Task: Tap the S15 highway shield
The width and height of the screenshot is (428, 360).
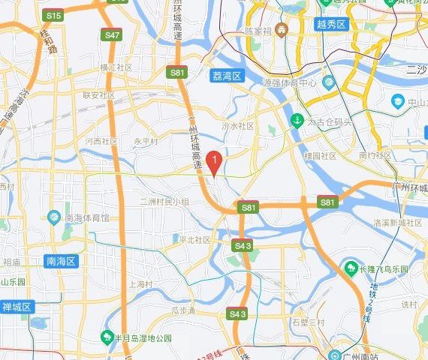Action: [x=53, y=15]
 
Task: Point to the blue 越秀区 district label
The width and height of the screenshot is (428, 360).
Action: [x=330, y=24]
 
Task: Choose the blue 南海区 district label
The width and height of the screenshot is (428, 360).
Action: [x=62, y=261]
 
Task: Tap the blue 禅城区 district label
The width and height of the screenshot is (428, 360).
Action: [x=15, y=307]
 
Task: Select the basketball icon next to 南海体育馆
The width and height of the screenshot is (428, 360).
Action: [x=53, y=217]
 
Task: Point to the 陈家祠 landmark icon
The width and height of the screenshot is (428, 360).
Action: [x=280, y=31]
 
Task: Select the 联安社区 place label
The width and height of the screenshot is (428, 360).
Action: [x=98, y=95]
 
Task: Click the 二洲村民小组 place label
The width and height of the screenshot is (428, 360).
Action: [x=164, y=202]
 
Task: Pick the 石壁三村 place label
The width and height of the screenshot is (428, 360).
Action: [x=308, y=322]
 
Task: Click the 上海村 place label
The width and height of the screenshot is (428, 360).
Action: [x=140, y=284]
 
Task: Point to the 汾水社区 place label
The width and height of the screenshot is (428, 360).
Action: [x=239, y=126]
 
